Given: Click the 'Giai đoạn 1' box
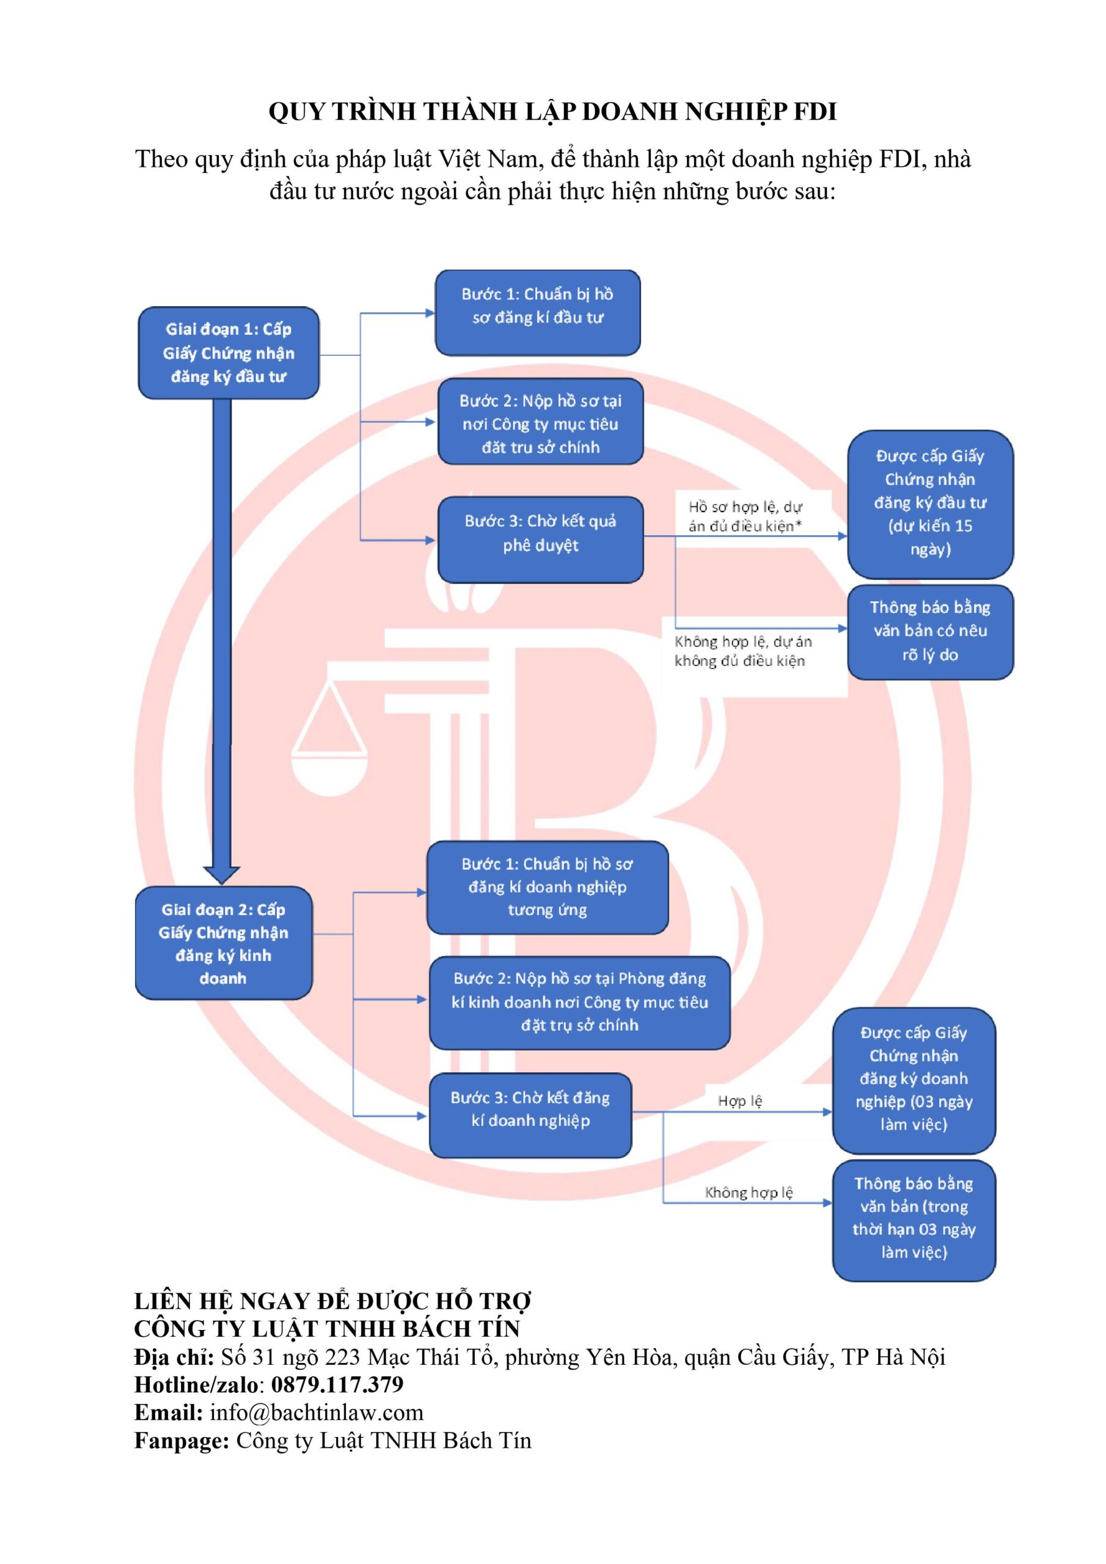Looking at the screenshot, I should click(229, 353).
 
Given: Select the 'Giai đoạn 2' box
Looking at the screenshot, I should click(224, 943).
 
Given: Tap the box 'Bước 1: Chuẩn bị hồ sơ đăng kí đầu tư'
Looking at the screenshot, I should click(538, 313).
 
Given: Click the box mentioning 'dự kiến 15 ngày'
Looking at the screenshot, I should click(930, 503).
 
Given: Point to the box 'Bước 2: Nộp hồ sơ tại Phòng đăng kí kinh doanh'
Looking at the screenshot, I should click(579, 1002).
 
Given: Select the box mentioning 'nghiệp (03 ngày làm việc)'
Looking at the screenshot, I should click(914, 1080).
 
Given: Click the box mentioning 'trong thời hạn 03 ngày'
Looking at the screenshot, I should click(914, 1220).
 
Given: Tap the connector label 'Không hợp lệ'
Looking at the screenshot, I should click(749, 1193).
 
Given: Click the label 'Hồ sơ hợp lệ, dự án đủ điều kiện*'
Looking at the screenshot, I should click(745, 516).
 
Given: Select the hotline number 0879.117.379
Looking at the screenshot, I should click(337, 1385).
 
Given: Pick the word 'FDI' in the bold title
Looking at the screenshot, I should click(815, 112).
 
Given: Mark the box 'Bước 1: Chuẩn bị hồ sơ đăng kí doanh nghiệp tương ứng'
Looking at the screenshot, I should click(548, 887).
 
